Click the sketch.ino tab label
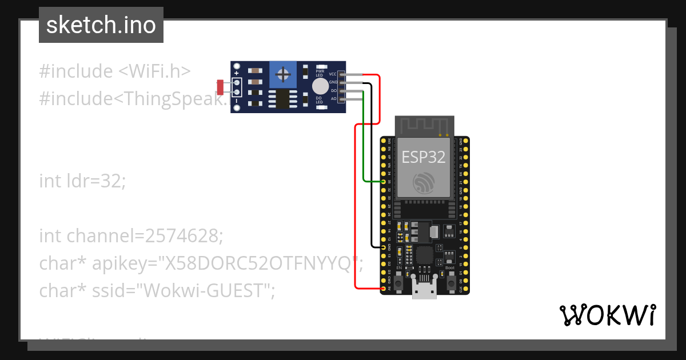click(x=101, y=25)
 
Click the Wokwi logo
click(x=607, y=315)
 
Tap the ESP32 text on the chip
click(x=424, y=157)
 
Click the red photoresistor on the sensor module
click(x=220, y=87)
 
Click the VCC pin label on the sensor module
click(x=333, y=74)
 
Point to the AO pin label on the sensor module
click(x=333, y=99)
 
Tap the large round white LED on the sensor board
click(x=320, y=86)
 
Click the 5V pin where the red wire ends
click(x=383, y=289)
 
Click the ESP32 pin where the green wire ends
click(x=383, y=182)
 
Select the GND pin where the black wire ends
click(x=383, y=247)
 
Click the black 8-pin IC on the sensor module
click(x=282, y=98)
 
